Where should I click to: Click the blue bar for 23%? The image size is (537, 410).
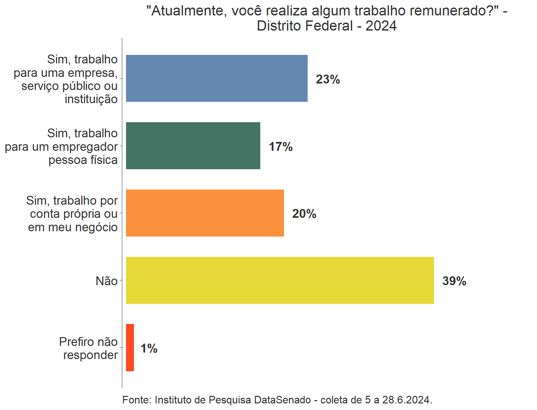tap(217, 78)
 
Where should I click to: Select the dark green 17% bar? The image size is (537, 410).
tap(193, 146)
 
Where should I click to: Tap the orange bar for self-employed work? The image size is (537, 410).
tap(205, 213)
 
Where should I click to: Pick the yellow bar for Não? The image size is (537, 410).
tap(280, 280)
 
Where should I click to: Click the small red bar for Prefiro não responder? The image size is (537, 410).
tap(130, 348)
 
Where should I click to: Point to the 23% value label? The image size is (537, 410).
tap(328, 79)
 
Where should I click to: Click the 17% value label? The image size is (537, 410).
tap(280, 147)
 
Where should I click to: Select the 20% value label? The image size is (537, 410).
tap(304, 214)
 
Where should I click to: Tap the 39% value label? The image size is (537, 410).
tap(454, 281)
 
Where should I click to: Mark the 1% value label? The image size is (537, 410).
tap(149, 349)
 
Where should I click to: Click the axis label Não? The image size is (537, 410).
tap(107, 281)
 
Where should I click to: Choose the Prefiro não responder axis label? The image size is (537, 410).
tap(89, 348)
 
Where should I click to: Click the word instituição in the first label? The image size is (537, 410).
tap(91, 99)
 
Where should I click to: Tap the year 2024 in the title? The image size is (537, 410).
tap(381, 26)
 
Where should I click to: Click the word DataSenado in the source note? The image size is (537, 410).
tap(283, 400)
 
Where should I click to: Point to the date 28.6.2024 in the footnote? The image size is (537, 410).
tap(406, 400)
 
